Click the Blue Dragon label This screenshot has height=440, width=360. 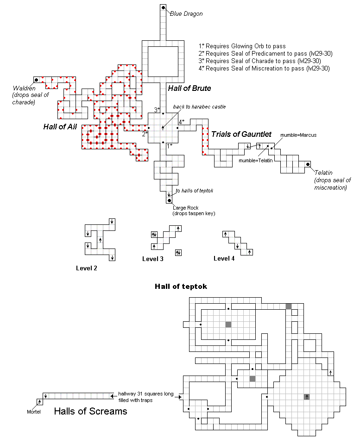pos(186,14)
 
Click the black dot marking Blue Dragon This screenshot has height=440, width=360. pos(164,7)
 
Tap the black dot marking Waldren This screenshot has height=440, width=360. pos(36,80)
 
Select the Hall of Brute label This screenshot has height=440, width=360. pos(189,88)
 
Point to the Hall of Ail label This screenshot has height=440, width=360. pos(60,127)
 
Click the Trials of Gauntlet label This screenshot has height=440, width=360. pos(241,134)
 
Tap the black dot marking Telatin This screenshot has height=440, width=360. pos(308,164)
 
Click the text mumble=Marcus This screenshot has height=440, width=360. pos(298,135)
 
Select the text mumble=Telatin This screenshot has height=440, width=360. pos(255,160)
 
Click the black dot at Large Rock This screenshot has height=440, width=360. pos(170,201)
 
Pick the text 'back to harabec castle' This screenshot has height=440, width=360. pos(199,107)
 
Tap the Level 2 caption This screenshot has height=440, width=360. pos(87,268)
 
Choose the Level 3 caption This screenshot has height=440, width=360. pos(152,259)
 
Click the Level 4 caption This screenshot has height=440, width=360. pos(224,258)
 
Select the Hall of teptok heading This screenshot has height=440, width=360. pos(181,287)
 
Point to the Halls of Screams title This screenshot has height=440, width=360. pos(90,411)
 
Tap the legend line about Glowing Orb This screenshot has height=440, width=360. pos(242,46)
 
